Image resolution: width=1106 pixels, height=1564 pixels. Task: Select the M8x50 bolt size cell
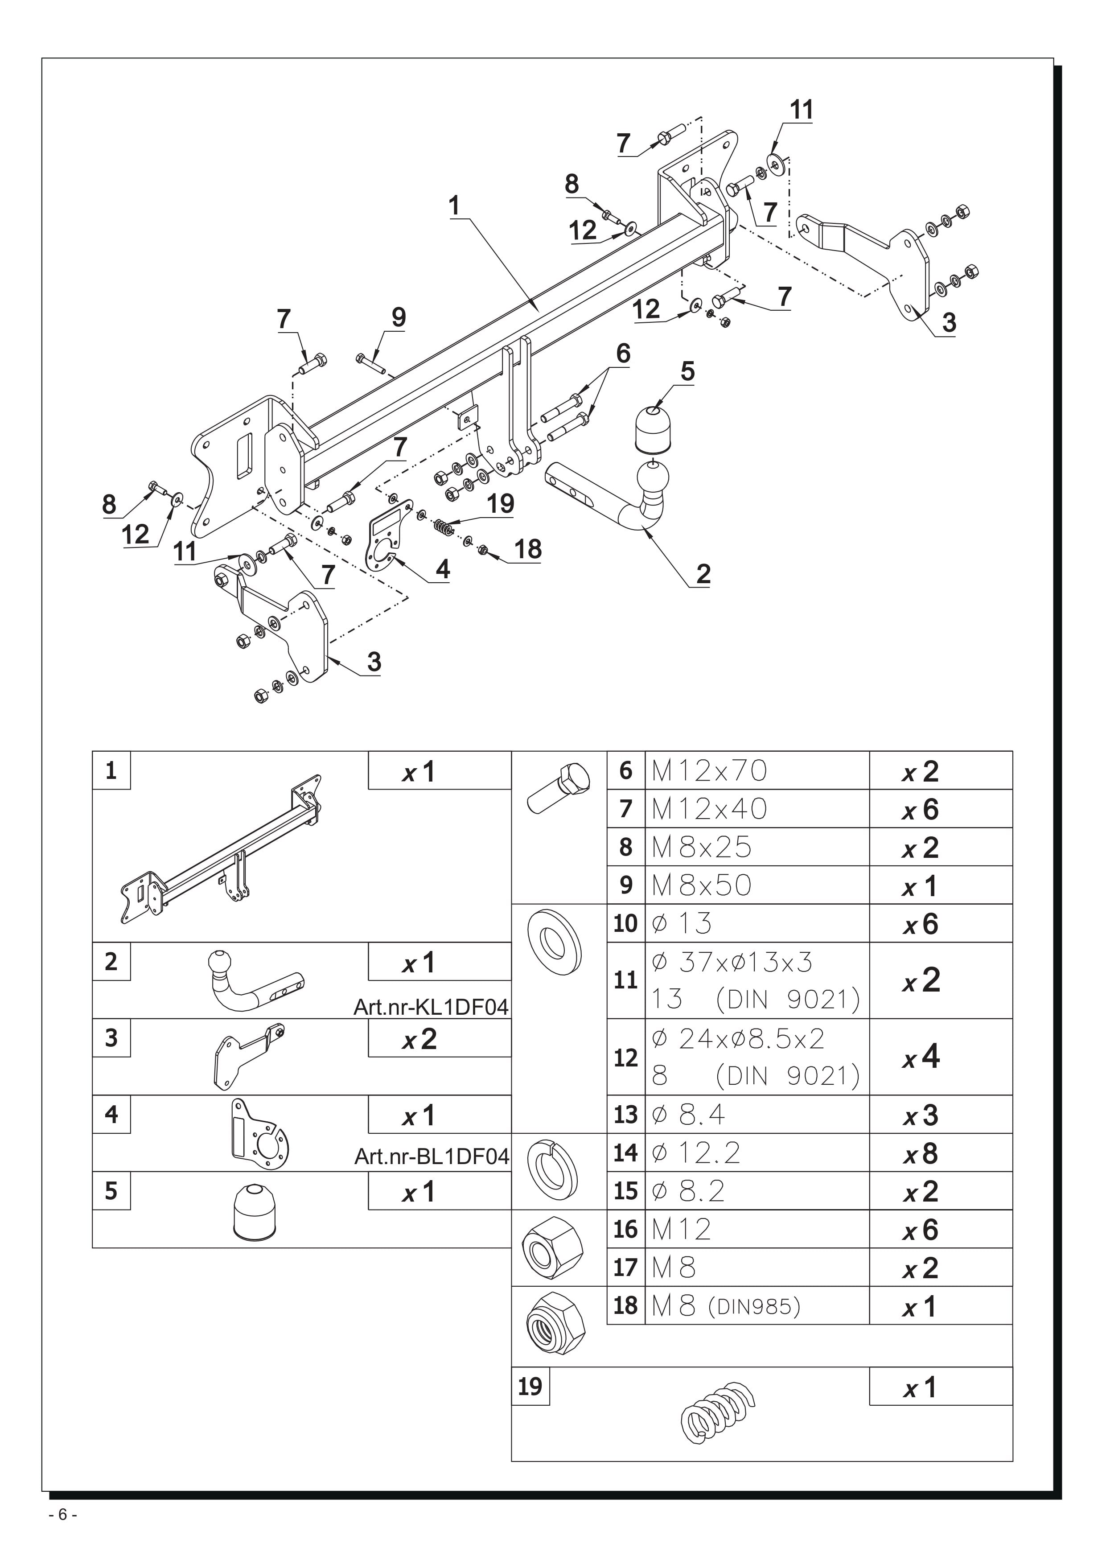point(702,885)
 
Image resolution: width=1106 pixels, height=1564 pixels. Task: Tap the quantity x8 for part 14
point(921,1153)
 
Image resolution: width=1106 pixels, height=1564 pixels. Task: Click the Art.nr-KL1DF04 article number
point(431,1007)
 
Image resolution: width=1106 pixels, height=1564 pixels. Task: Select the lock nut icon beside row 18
point(556,1324)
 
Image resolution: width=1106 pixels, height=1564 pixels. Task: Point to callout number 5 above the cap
point(687,372)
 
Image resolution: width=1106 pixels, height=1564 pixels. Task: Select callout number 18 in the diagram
point(528,549)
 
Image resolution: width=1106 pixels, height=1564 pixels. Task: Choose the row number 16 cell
point(625,1230)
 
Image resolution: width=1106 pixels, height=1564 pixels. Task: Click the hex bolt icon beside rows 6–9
point(559,790)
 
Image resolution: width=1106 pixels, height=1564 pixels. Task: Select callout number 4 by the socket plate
point(443,569)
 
